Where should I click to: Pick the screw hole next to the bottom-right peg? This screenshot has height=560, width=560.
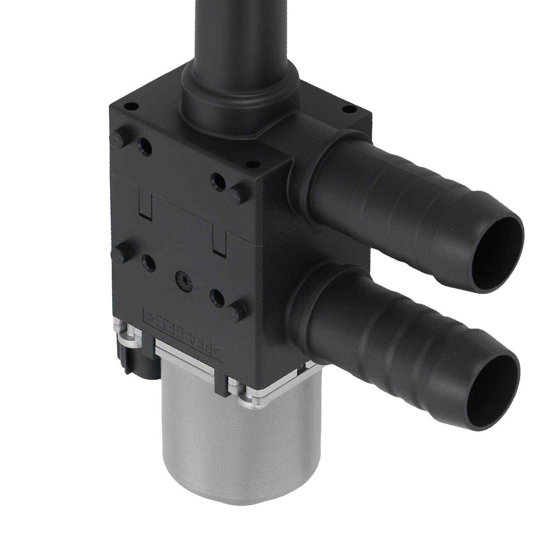click(x=217, y=295)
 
